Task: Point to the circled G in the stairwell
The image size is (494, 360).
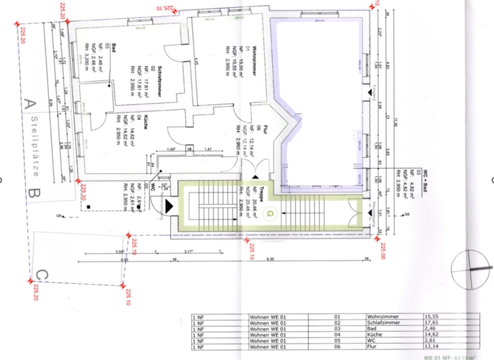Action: coord(270,212)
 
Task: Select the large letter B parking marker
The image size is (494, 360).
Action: coord(30,192)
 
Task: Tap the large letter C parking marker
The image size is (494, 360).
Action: coord(40,274)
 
